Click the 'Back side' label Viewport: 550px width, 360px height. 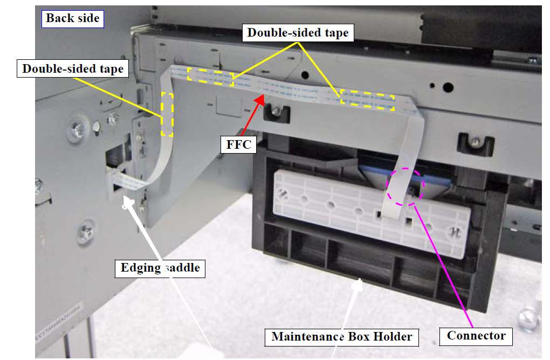(x=72, y=18)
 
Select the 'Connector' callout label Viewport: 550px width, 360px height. (x=476, y=336)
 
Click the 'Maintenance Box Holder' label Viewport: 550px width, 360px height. (x=342, y=337)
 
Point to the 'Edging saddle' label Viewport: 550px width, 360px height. (x=160, y=268)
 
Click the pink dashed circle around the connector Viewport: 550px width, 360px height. (x=405, y=185)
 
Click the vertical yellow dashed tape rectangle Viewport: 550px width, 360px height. (x=167, y=114)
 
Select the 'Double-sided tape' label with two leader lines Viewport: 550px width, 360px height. (x=298, y=33)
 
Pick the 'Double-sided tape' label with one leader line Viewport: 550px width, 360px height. (x=73, y=69)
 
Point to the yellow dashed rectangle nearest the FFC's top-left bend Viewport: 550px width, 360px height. (x=210, y=77)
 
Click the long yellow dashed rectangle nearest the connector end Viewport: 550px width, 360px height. (x=367, y=100)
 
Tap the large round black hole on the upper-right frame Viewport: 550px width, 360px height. (x=447, y=87)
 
